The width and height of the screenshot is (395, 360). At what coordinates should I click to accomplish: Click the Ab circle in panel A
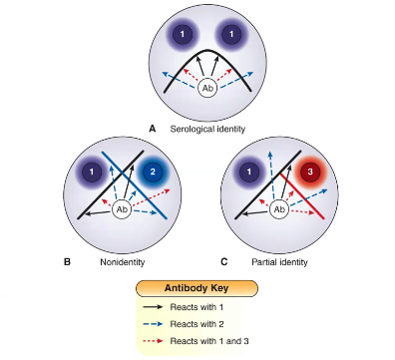pyautogui.click(x=208, y=89)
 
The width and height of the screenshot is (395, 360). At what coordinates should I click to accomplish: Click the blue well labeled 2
pyautogui.click(x=155, y=171)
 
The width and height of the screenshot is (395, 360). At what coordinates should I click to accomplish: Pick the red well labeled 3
pyautogui.click(x=312, y=171)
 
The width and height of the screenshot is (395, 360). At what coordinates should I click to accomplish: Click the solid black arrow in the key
pyautogui.click(x=164, y=309)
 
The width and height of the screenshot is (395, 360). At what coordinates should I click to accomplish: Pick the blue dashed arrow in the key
pyautogui.click(x=164, y=326)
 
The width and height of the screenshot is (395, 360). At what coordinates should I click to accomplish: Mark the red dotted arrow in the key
pyautogui.click(x=164, y=343)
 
